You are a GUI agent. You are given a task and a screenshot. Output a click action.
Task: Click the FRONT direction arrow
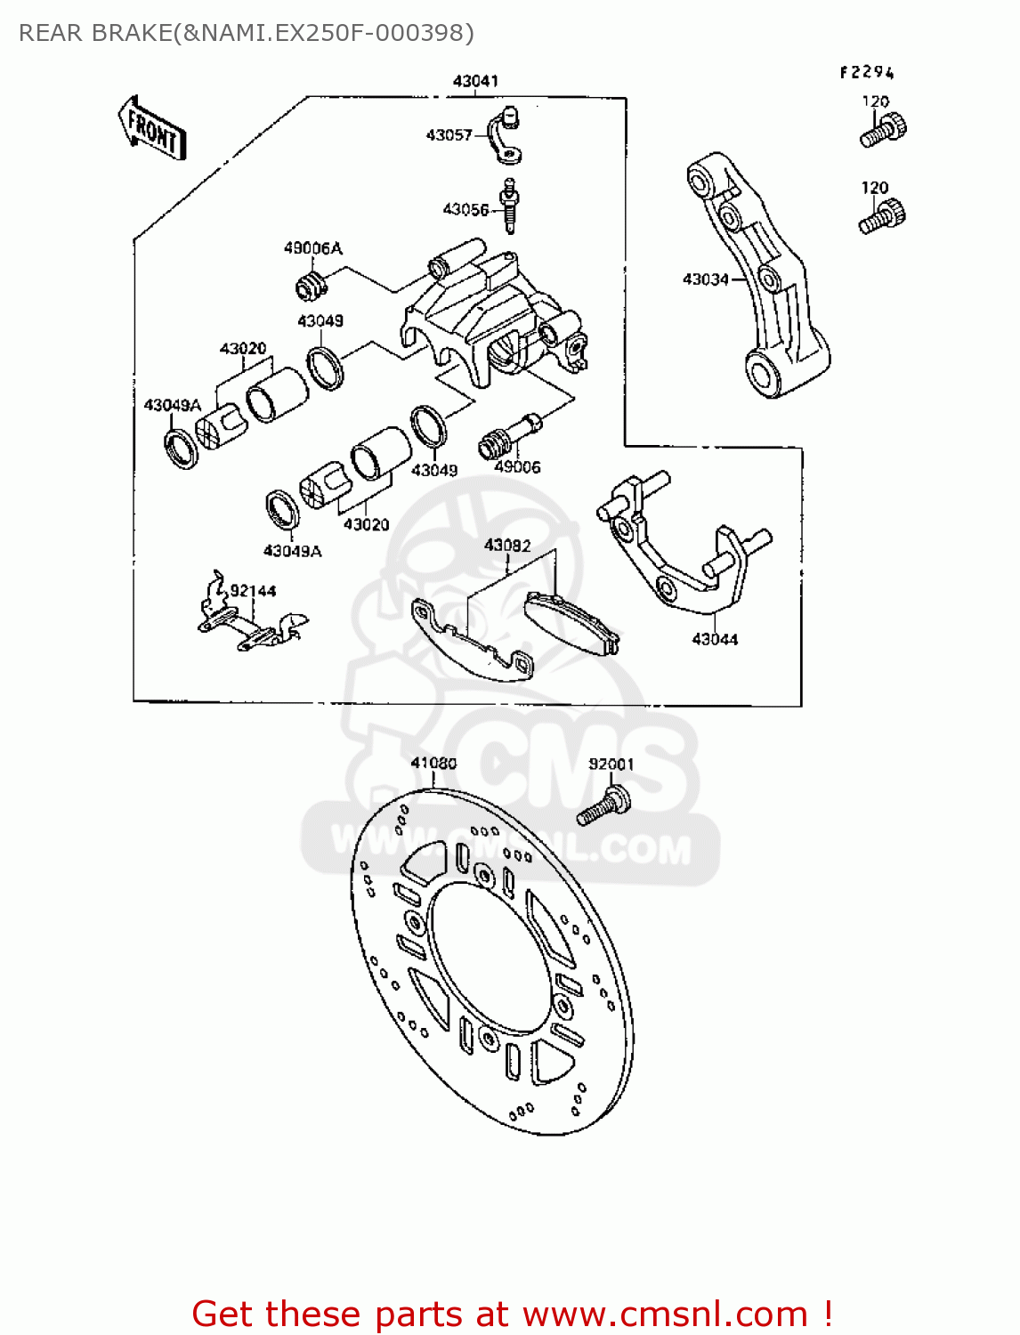pyautogui.click(x=152, y=129)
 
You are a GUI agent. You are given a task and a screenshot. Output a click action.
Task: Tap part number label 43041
pyautogui.click(x=475, y=81)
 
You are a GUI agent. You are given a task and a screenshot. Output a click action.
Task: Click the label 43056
pyautogui.click(x=465, y=210)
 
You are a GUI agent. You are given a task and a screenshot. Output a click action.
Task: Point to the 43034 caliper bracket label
pyautogui.click(x=705, y=279)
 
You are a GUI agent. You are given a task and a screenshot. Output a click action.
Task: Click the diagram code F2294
pyautogui.click(x=866, y=73)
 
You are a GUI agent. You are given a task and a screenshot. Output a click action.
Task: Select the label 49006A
pyautogui.click(x=312, y=248)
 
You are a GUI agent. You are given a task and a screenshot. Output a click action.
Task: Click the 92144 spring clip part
pyautogui.click(x=249, y=619)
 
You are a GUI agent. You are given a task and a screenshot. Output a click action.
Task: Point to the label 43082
pyautogui.click(x=507, y=546)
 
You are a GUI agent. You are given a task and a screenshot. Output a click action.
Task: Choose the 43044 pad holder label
pyautogui.click(x=715, y=639)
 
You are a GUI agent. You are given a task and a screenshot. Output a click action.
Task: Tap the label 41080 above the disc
pyautogui.click(x=433, y=763)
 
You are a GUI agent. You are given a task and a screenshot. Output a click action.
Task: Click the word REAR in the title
pyautogui.click(x=51, y=33)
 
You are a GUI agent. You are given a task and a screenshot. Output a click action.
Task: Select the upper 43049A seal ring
pyautogui.click(x=182, y=447)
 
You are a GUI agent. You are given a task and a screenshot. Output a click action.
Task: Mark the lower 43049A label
pyautogui.click(x=292, y=551)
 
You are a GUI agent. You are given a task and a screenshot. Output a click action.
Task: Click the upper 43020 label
pyautogui.click(x=243, y=349)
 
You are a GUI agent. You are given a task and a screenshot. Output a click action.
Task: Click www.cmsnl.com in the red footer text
pyautogui.click(x=664, y=1314)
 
